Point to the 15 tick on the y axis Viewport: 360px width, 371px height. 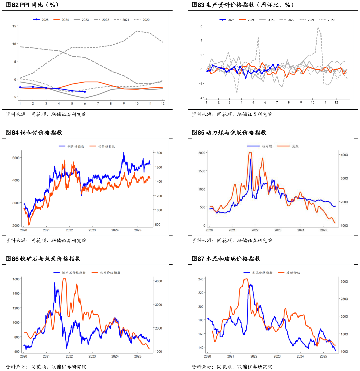(x=15, y=26)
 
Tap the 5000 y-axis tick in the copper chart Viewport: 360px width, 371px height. (x=16, y=158)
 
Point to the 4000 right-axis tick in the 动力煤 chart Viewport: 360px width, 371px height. (x=344, y=155)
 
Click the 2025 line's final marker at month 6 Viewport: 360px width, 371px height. (x=85, y=92)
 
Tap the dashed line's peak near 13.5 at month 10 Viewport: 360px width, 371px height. (x=137, y=31)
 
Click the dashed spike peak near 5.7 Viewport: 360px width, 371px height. (x=318, y=28)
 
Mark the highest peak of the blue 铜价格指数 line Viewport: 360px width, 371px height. (x=124, y=152)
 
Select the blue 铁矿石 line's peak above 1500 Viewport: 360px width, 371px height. (x=55, y=283)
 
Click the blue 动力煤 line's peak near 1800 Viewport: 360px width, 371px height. (x=250, y=159)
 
